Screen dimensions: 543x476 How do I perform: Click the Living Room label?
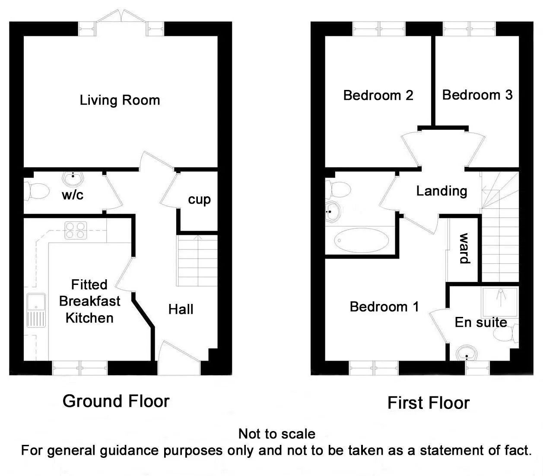point(120,100)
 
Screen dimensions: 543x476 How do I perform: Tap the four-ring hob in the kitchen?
point(76,230)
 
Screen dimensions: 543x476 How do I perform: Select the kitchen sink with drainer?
point(36,310)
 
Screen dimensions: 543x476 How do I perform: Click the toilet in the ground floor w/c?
point(37,191)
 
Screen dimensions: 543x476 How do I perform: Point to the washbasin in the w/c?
point(73,178)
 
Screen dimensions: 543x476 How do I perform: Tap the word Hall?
point(181,310)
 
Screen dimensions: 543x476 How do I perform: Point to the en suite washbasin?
point(466,353)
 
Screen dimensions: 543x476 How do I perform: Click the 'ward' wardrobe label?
point(464,248)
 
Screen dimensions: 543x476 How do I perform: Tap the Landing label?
point(441,191)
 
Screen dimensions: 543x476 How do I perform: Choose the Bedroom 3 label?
point(477,95)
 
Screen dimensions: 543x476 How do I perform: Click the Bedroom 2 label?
point(378,96)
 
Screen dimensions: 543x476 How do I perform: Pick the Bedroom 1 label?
point(384,307)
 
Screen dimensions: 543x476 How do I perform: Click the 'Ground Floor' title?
point(116,401)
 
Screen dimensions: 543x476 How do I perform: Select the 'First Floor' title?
point(429,403)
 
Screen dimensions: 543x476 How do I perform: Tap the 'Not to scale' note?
point(277,434)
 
